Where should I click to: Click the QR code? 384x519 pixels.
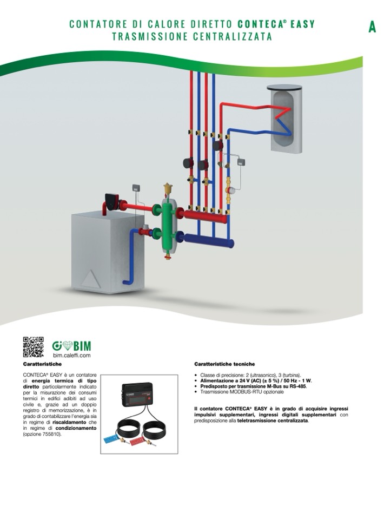[33, 347]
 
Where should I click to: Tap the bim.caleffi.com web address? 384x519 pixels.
[72, 356]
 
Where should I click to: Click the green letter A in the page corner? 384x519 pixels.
[372, 27]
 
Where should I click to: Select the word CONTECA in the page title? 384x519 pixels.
[257, 24]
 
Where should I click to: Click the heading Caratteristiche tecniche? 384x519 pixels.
[224, 364]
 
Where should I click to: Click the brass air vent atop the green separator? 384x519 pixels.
[168, 188]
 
